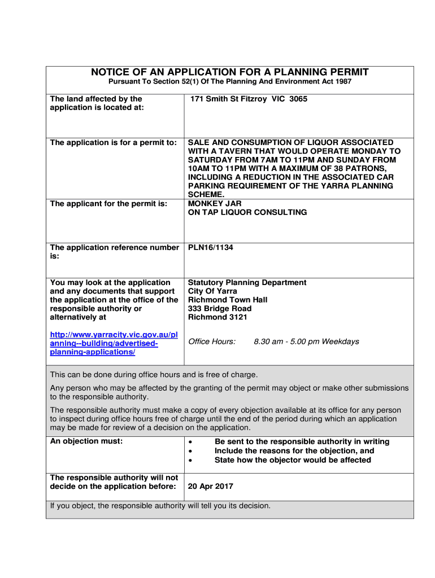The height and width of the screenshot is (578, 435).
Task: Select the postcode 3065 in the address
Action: tap(298, 99)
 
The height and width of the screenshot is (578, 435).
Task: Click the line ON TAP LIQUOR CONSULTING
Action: tap(247, 212)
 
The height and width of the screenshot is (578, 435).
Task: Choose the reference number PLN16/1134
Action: tap(211, 247)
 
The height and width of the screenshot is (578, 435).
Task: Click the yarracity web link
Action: tap(114, 343)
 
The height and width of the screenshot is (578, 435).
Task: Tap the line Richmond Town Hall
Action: tap(228, 300)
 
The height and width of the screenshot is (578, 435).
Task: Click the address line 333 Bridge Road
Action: tap(220, 309)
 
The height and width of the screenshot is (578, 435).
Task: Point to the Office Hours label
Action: tap(212, 341)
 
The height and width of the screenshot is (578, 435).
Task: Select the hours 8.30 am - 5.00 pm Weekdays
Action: tap(306, 341)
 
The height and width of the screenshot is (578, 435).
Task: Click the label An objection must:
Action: tap(86, 441)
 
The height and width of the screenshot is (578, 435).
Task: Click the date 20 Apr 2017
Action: tap(211, 487)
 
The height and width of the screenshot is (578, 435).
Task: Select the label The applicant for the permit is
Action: tap(109, 203)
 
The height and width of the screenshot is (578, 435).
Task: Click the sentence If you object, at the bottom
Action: tap(160, 506)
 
